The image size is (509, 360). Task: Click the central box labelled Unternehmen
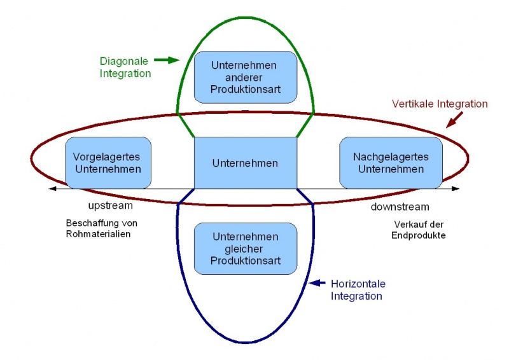point(245,163)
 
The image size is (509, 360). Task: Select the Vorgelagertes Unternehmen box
point(108,163)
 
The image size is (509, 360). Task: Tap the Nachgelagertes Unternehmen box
point(391,163)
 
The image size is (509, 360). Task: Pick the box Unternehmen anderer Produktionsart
point(245,77)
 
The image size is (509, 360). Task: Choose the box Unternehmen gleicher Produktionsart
point(245,249)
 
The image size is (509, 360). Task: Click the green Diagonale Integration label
point(125,67)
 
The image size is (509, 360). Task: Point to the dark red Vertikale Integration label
point(440,104)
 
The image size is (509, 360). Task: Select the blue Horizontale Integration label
point(358,289)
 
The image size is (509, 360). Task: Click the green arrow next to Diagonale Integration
point(165,60)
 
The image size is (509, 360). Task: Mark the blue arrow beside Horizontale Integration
point(316,283)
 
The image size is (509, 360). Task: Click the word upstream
point(110,206)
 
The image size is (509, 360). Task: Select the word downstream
point(400,207)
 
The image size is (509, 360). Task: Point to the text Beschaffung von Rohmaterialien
point(101,229)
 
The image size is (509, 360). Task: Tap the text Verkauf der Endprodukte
point(419,230)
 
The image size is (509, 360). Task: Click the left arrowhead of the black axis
point(51,189)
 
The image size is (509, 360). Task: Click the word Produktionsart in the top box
point(245,89)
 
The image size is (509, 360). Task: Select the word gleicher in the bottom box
point(245,249)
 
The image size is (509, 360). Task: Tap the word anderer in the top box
point(245,77)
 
